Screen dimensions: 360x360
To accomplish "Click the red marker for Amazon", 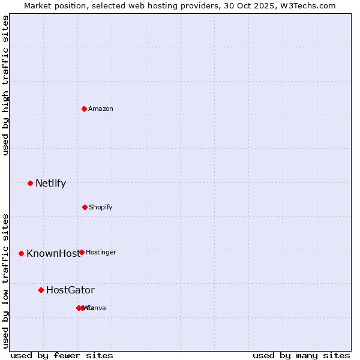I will [x=84, y=109].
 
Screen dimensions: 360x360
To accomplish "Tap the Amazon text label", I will [x=101, y=109].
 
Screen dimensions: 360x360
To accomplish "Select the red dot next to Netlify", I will [x=30, y=183].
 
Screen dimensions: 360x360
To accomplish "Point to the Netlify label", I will [x=50, y=184].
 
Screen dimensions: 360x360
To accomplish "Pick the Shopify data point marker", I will [x=85, y=207].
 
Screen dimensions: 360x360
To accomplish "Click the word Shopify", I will [x=101, y=208].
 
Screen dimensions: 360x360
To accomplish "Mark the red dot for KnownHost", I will [x=21, y=253].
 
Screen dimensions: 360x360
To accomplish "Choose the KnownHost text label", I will [x=53, y=254].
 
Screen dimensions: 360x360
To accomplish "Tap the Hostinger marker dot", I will [x=82, y=252].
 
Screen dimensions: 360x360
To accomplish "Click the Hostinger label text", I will [x=101, y=253].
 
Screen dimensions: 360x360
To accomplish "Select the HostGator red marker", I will [x=41, y=290].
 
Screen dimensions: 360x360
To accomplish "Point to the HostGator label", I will [x=70, y=290].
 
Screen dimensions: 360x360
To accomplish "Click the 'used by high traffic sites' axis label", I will [x=5, y=85].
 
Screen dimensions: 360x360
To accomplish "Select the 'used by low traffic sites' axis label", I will [x=5, y=281].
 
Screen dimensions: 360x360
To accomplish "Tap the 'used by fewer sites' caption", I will [x=62, y=356].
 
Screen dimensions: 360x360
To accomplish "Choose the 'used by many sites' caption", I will [x=301, y=356].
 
